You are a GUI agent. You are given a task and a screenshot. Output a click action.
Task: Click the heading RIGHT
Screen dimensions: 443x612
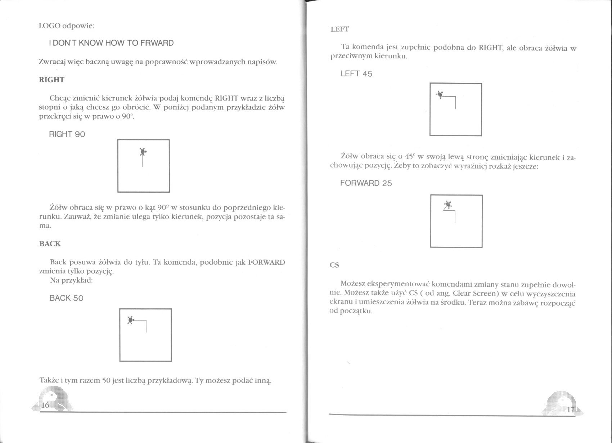[51, 80]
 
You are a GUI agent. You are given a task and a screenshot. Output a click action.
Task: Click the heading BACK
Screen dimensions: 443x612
[50, 244]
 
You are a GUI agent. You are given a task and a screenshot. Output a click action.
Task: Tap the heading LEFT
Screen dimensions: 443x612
[339, 30]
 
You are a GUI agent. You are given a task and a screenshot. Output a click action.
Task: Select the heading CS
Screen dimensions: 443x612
[334, 265]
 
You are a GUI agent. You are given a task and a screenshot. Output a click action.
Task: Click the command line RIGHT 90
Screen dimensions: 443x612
[67, 134]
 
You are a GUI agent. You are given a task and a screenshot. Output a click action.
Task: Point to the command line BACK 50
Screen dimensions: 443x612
[66, 298]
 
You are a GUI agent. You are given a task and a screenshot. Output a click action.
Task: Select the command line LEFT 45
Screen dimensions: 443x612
[356, 74]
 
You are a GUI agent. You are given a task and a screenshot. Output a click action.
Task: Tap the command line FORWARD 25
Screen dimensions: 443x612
[366, 183]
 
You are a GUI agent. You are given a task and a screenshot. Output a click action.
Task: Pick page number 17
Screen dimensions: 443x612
[570, 410]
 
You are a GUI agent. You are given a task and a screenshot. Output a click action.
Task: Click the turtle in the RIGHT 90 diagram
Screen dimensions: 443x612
[143, 152]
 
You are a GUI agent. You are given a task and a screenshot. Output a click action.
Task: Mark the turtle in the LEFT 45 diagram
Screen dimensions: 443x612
[440, 95]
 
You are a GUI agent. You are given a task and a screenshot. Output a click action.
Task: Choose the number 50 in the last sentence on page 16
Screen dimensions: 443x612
[106, 381]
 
